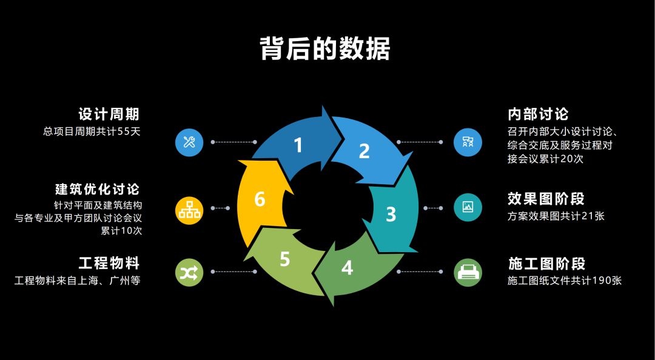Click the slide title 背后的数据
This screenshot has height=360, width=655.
325,49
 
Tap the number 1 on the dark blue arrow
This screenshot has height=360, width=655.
298,145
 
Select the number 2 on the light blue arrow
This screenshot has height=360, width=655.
364,151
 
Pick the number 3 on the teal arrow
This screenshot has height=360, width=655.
391,214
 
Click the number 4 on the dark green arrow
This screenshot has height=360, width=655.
347,267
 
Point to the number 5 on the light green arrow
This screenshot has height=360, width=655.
285,259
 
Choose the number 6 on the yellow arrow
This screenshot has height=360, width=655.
260,199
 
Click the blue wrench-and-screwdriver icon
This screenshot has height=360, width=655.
189,142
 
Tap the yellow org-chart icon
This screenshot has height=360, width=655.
189,208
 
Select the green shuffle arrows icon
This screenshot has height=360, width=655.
189,272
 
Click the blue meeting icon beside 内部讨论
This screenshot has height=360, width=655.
468,142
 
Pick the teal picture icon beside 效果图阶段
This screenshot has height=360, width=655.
468,207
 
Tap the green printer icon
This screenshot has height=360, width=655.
468,272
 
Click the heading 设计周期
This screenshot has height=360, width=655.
109,114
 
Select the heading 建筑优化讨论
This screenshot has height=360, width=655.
97,189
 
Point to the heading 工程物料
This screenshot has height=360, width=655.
109,263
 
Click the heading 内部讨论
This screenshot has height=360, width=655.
538,114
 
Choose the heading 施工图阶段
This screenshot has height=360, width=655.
546,264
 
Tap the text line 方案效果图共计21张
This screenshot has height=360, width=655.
556,216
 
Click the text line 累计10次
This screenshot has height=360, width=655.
121,231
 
